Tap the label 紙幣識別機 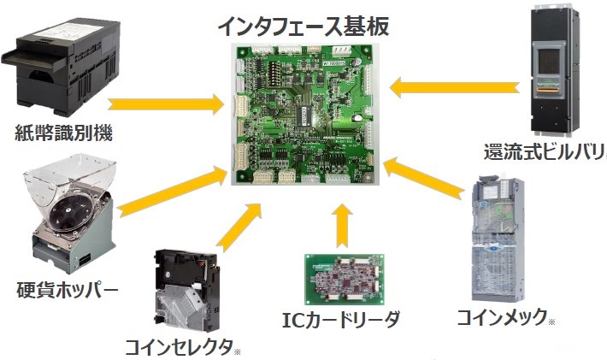click(x=64, y=133)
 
